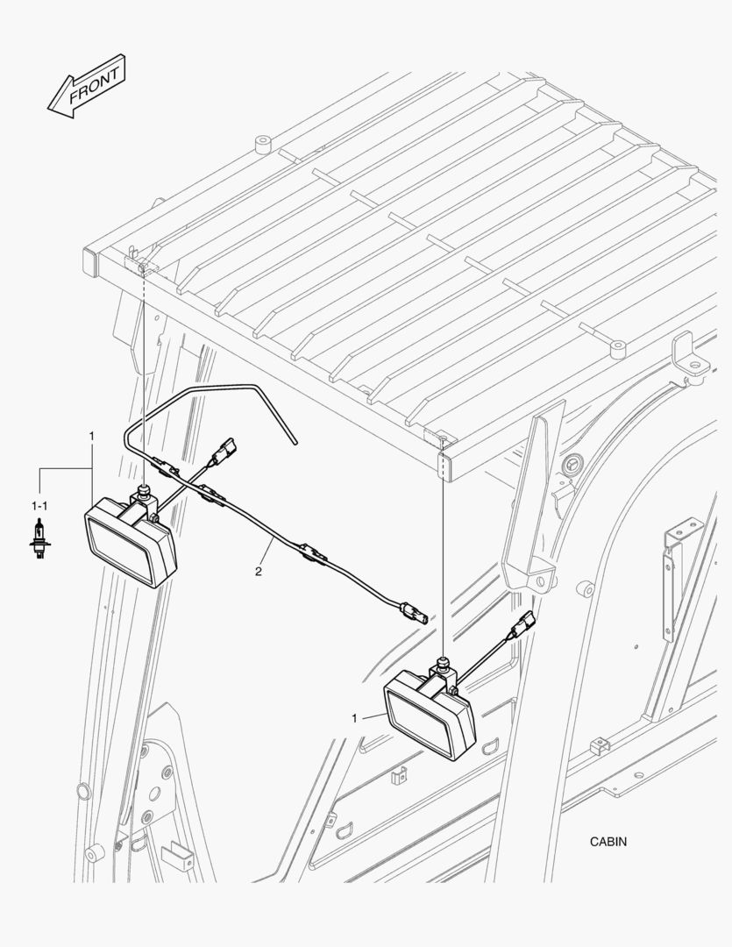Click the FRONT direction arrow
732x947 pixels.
(x=87, y=86)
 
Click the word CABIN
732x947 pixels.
(x=608, y=841)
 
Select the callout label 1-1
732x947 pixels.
(x=39, y=505)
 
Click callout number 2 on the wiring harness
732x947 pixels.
(x=259, y=572)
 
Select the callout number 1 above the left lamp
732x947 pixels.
(x=91, y=435)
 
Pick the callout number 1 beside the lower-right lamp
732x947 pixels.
(x=354, y=718)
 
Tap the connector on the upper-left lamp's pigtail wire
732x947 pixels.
(x=224, y=452)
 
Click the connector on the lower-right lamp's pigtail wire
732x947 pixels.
(x=523, y=625)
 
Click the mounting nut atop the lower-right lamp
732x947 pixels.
(x=444, y=663)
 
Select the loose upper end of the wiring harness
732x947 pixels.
(x=295, y=442)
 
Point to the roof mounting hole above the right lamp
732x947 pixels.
(x=444, y=436)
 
